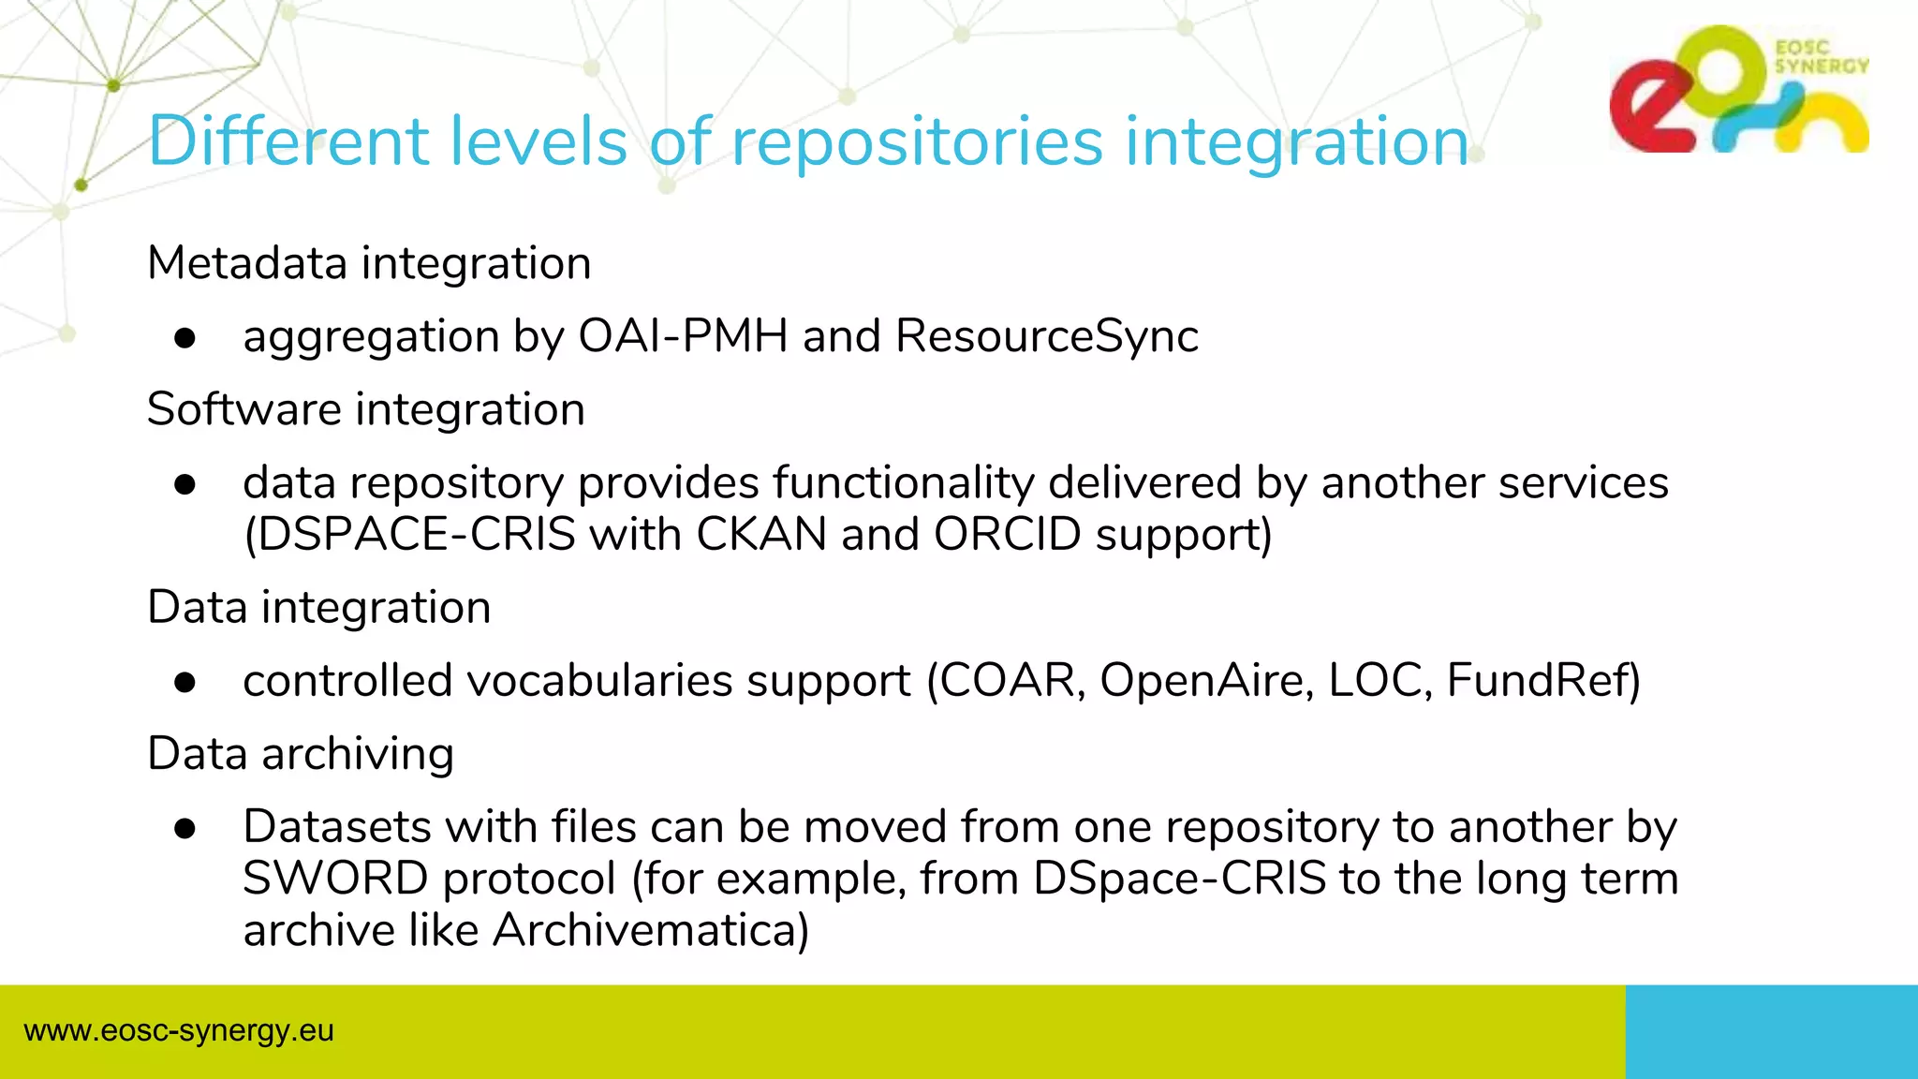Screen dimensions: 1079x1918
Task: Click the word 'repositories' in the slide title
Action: coord(916,142)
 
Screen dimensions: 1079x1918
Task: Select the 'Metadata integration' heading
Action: coord(369,263)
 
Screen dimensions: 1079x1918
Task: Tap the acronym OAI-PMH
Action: coord(683,336)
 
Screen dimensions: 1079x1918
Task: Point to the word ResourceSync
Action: coord(1046,336)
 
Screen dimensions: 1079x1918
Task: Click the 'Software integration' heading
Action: coord(366,410)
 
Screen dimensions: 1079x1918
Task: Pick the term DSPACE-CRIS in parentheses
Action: coord(410,535)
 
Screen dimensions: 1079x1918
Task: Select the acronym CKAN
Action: coord(760,535)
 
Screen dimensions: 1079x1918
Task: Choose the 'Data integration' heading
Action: coord(318,608)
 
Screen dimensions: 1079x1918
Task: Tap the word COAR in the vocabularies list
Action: coord(1006,681)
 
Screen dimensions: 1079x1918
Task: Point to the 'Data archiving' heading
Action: coord(301,754)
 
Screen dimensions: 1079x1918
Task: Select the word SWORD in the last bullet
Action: coord(335,879)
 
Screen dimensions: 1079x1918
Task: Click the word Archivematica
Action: coord(649,931)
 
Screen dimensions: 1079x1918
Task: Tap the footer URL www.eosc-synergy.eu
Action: coord(179,1031)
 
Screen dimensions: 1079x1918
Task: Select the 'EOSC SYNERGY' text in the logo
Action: coord(1820,57)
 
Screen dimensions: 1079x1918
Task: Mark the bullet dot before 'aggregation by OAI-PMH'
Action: coord(184,338)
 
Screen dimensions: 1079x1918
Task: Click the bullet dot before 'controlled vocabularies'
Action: coord(184,683)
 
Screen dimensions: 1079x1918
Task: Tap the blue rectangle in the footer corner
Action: coord(1771,1031)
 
